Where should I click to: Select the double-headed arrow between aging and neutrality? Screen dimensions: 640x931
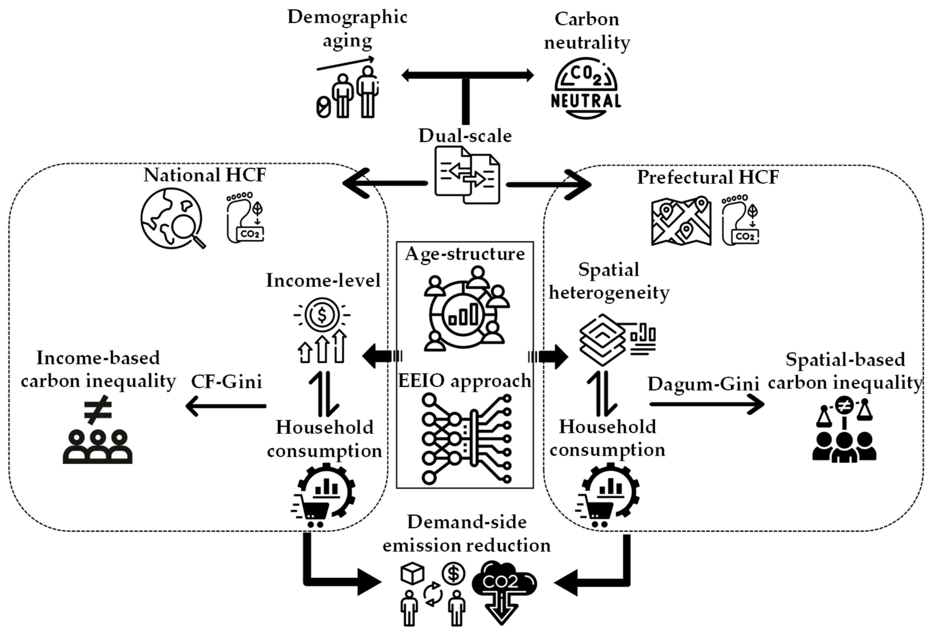pyautogui.click(x=467, y=75)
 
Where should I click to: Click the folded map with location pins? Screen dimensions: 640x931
pyautogui.click(x=681, y=221)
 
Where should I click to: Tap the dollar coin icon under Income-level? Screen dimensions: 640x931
pyautogui.click(x=322, y=315)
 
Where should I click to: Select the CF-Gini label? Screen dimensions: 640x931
pyautogui.click(x=227, y=382)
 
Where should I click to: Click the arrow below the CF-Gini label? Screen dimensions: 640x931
pyautogui.click(x=226, y=406)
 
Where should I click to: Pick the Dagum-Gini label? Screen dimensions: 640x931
pyautogui.click(x=703, y=384)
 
